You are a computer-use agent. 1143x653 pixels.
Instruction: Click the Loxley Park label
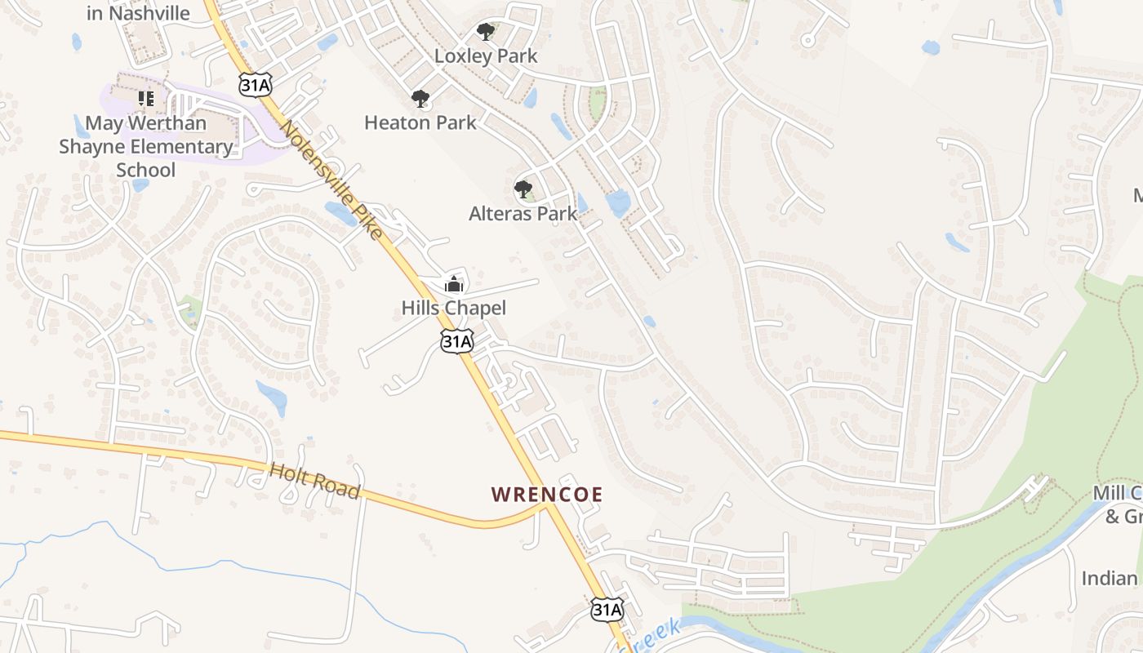(486, 56)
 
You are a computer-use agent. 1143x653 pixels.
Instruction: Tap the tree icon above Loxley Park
(486, 33)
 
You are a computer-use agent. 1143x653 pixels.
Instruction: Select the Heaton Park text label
(420, 122)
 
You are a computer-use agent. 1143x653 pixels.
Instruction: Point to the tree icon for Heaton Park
(420, 100)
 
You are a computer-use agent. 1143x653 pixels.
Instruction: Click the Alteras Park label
(523, 214)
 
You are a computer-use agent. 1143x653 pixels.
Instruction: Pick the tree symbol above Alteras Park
(523, 190)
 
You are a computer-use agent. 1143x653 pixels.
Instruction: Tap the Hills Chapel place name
(453, 308)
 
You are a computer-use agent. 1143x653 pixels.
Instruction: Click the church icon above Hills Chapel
(453, 285)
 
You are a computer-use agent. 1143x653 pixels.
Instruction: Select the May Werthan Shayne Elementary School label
(146, 147)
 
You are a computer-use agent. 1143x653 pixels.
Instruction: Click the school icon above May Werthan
(146, 99)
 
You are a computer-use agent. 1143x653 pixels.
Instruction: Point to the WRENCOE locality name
(547, 495)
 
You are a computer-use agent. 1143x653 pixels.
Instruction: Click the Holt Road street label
(314, 480)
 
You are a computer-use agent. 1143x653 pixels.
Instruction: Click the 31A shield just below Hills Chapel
(456, 341)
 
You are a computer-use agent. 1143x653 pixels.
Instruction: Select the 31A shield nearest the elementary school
(255, 84)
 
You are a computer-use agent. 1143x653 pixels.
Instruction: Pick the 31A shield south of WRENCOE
(607, 609)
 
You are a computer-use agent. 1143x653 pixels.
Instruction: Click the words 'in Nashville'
(138, 13)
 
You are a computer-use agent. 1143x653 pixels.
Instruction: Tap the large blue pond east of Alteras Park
(618, 202)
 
